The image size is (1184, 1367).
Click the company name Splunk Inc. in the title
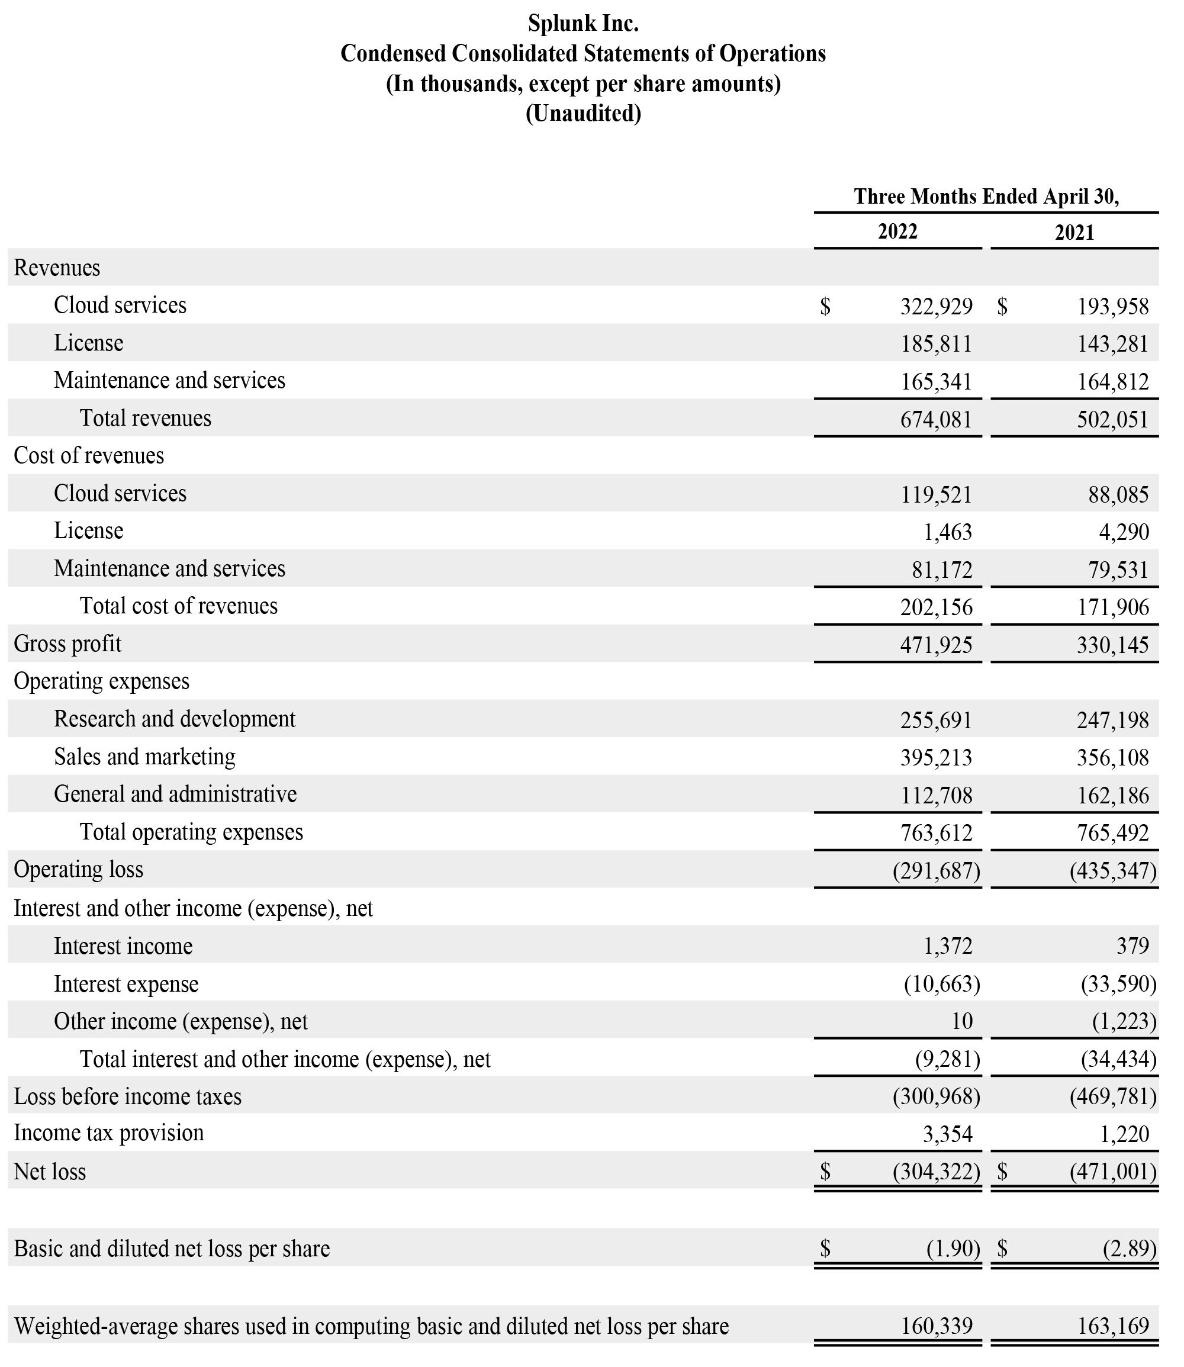coord(583,24)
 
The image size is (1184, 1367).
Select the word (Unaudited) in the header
coord(583,114)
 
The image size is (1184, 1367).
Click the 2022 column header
coord(897,232)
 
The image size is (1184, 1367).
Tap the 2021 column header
coord(1074,233)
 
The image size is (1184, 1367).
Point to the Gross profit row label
coord(67,644)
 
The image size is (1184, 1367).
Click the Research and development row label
coord(175,719)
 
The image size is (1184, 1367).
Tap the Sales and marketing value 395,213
coord(935,757)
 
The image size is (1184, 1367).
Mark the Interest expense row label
coord(126,984)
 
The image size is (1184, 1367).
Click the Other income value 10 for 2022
coord(961,1021)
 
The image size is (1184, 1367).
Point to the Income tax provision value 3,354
coord(947,1134)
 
